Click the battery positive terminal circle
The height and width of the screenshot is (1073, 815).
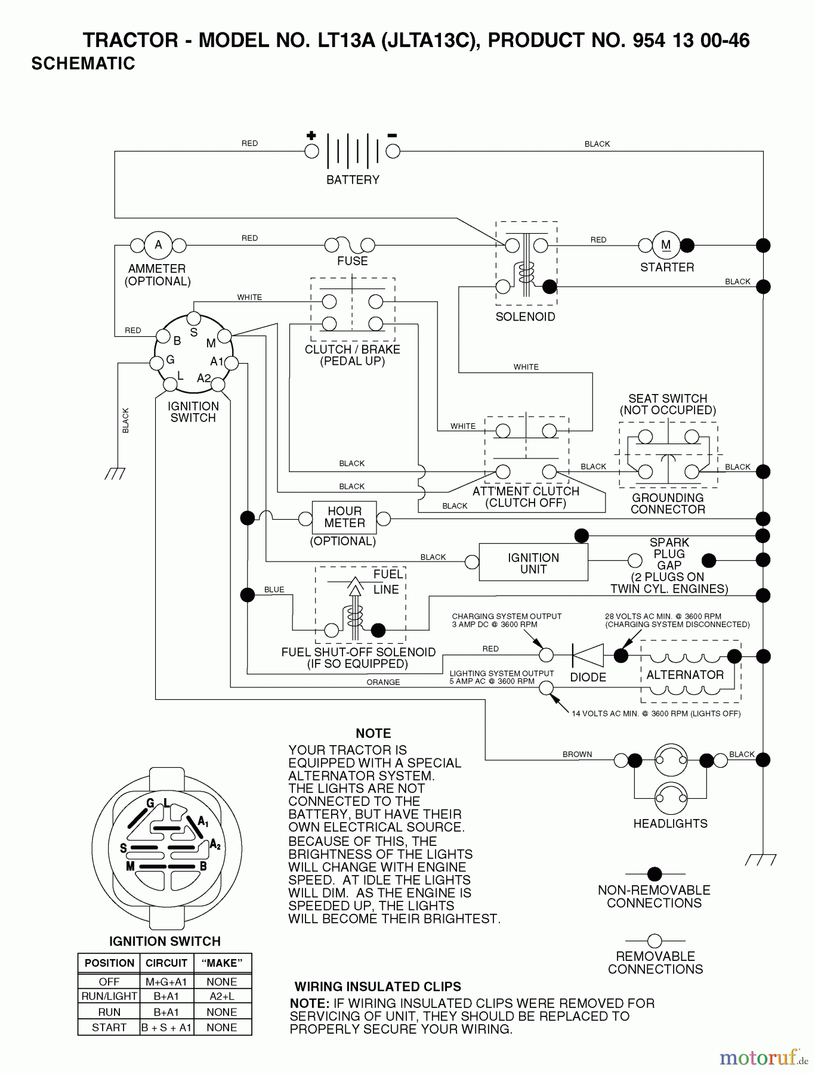pos(311,151)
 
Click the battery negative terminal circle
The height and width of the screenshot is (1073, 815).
pos(393,151)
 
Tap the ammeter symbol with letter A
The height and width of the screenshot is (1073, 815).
pos(158,245)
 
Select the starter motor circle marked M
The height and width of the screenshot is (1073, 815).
pos(666,245)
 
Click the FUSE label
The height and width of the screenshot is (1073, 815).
pos(352,261)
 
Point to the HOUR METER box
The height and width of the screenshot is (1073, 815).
pos(344,517)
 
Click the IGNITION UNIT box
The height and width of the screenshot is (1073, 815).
pos(533,563)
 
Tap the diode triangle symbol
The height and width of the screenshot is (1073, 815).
pos(588,656)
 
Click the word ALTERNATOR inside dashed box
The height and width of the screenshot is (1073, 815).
pos(685,675)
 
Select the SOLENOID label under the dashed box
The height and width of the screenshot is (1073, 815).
pos(525,317)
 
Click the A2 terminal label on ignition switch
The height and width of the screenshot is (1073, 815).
pos(203,378)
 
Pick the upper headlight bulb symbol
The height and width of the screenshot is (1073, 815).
pos(671,759)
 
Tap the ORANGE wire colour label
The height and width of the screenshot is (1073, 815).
pos(383,683)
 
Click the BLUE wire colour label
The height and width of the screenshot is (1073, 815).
pos(274,590)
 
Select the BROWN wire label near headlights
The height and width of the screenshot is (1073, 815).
pos(577,755)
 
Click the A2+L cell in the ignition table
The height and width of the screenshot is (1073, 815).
pos(222,996)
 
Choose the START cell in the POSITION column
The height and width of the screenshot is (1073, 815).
pos(109,1027)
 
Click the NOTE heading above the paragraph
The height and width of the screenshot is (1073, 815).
pos(373,734)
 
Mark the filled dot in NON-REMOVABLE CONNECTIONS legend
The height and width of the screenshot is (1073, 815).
pos(655,874)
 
